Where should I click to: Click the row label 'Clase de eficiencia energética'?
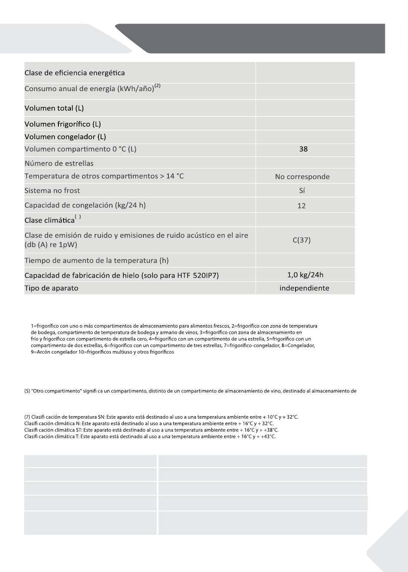(x=74, y=73)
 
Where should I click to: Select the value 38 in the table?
(x=303, y=149)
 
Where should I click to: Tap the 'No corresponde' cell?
(x=302, y=176)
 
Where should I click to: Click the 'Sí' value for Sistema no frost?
(x=302, y=191)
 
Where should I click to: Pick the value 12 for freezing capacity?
(x=301, y=206)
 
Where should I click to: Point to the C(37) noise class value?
(x=301, y=240)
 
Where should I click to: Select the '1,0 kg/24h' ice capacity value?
(x=305, y=275)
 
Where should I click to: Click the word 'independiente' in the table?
(x=304, y=288)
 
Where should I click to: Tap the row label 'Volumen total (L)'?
(x=54, y=108)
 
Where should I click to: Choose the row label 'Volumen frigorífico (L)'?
(x=63, y=124)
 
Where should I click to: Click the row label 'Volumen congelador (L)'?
(x=65, y=137)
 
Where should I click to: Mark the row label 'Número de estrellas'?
(x=59, y=163)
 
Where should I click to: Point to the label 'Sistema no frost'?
(x=52, y=191)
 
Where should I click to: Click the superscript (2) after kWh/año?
(x=158, y=86)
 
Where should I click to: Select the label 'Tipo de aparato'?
(x=51, y=288)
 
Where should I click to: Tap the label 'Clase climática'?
(x=49, y=220)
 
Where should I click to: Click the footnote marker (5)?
(x=27, y=391)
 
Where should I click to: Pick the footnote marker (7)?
(x=27, y=417)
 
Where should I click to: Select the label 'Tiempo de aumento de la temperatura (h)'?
(x=96, y=261)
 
